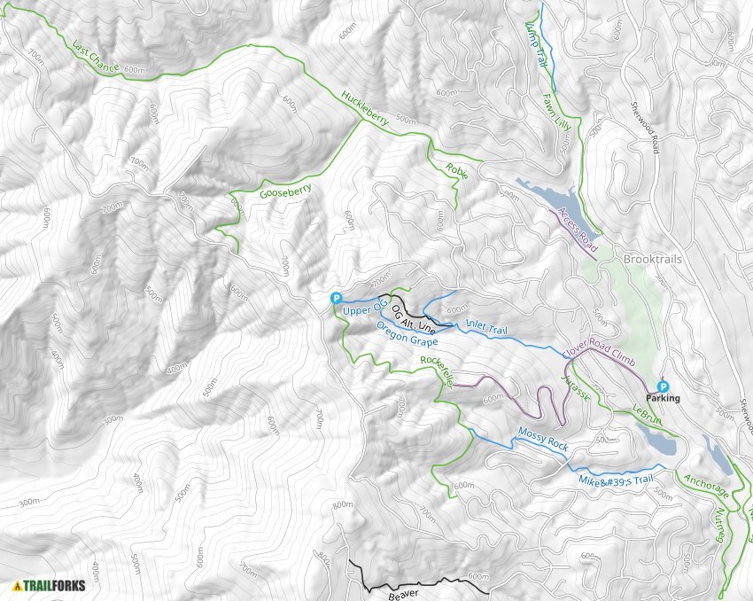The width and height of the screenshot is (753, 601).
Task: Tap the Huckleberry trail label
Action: coord(365,111)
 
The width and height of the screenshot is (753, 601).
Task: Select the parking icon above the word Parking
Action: coord(664,386)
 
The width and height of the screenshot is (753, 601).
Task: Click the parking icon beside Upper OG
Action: coord(336,299)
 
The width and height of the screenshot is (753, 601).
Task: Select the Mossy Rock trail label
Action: coord(541,441)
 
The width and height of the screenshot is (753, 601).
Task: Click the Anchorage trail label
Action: coord(706,493)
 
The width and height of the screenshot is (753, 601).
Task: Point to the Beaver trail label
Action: coord(404,595)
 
